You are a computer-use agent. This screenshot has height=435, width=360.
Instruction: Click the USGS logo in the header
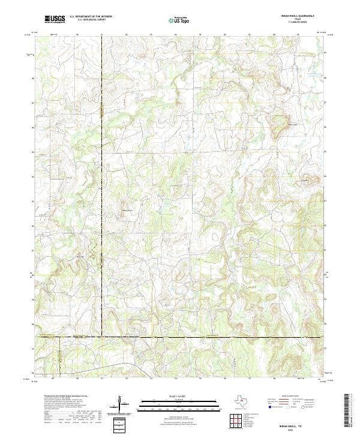[x=55, y=19]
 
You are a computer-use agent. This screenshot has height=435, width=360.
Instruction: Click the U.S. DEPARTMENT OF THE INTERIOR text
[x=91, y=17]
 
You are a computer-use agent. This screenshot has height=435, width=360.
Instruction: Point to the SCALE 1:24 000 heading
[x=179, y=397]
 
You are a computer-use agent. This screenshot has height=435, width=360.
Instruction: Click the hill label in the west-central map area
[x=127, y=211]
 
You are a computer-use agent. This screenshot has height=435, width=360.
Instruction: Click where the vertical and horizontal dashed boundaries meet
[x=102, y=337]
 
